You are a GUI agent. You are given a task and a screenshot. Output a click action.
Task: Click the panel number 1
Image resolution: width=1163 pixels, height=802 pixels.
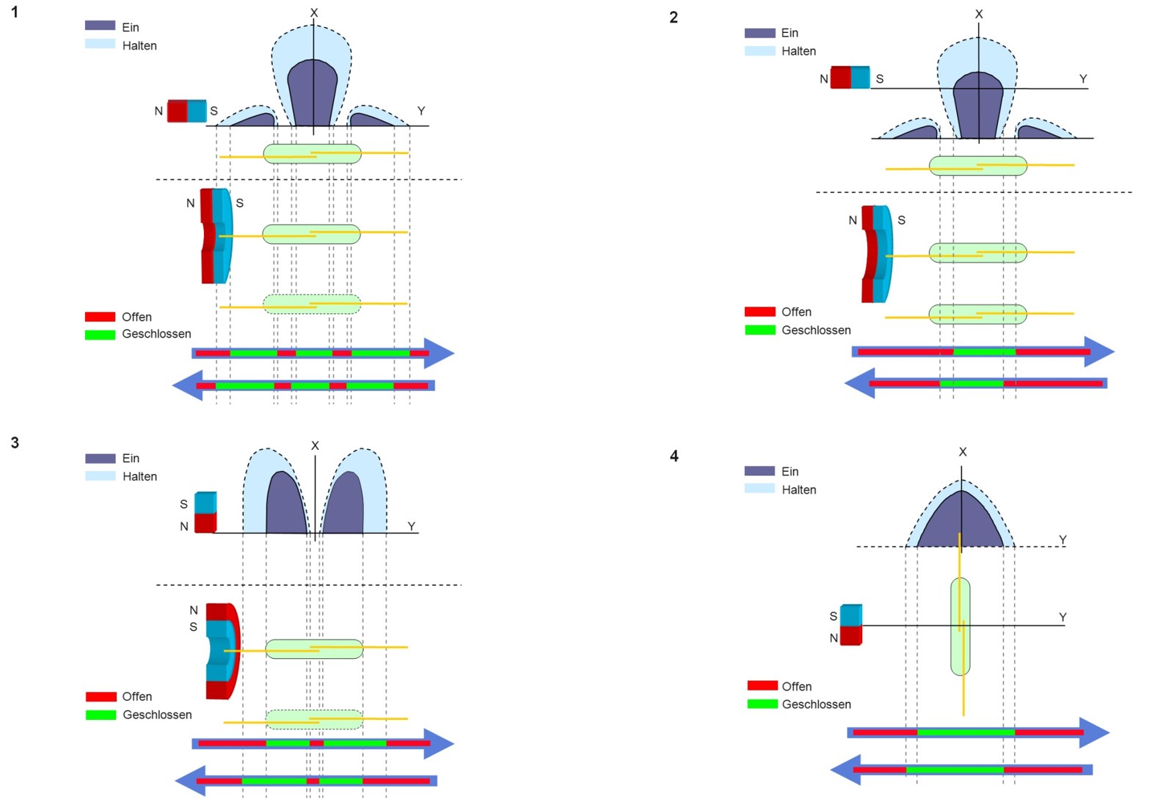[15, 12]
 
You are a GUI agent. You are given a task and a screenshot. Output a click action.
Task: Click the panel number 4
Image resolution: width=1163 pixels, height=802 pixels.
[674, 456]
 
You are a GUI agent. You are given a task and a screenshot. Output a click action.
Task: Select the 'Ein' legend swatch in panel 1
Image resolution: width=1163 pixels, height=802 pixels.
[101, 26]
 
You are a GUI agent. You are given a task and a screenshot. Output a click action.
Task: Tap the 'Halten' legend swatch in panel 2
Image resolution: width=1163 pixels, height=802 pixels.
[759, 51]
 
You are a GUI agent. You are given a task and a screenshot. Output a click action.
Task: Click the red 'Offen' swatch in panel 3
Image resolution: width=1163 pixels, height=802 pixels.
[101, 696]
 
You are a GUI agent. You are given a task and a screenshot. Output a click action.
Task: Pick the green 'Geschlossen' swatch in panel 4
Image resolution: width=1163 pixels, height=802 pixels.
[762, 704]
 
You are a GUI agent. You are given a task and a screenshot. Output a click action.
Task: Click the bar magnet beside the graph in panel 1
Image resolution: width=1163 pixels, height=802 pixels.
[187, 111]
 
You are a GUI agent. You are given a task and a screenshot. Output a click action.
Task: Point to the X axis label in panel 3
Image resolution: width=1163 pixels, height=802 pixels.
[315, 445]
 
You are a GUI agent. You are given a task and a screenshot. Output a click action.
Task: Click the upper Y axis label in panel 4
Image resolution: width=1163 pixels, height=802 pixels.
[1062, 540]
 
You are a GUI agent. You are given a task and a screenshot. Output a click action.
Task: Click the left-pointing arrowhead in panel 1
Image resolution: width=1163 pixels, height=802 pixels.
[188, 385]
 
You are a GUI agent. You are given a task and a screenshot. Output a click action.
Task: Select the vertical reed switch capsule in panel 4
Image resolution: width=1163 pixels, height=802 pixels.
[960, 626]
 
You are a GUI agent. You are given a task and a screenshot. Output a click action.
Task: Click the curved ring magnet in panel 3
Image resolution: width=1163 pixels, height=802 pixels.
[223, 651]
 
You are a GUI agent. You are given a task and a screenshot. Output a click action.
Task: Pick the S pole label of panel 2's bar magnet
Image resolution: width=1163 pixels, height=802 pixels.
[880, 79]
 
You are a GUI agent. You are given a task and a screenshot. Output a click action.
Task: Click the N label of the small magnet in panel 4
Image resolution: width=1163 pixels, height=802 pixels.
[834, 638]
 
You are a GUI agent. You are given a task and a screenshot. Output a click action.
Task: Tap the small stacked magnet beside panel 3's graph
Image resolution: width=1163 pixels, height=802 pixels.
[205, 512]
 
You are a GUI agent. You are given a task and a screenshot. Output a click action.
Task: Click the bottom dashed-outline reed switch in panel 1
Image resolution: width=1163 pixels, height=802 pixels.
[312, 304]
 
